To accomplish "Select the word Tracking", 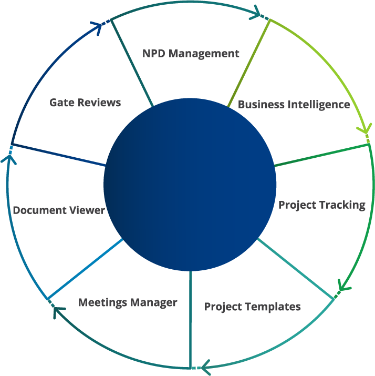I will click(343, 205).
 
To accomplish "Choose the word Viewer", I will click(87, 210).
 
